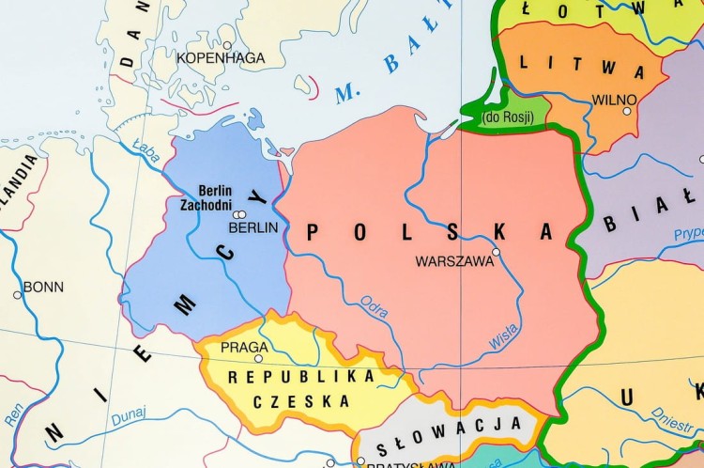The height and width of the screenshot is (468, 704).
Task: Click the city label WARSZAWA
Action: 454,262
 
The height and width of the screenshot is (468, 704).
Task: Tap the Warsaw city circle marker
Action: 497,252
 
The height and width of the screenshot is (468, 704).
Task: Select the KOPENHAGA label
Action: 221,57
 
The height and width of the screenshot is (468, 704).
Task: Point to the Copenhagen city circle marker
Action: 226,44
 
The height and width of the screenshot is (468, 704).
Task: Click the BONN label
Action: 42,287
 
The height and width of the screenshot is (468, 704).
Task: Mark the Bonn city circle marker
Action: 17,295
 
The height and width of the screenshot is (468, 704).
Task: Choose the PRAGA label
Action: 244,347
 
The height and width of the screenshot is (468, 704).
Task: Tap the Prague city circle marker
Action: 259,358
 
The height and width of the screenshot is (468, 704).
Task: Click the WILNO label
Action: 615,100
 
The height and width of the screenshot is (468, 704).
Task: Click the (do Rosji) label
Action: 507,117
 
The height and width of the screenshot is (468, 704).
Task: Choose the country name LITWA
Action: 582,67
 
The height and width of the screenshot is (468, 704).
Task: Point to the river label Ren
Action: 12,414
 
